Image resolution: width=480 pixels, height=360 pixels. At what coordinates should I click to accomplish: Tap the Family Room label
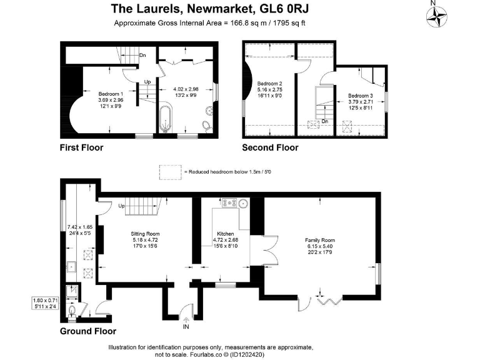pyautogui.click(x=320, y=240)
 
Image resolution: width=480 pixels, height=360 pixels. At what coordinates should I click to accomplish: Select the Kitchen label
pyautogui.click(x=225, y=232)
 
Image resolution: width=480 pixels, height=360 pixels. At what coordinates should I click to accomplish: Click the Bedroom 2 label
pyautogui.click(x=271, y=84)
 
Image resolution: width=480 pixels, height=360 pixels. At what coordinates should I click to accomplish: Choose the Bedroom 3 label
pyautogui.click(x=361, y=96)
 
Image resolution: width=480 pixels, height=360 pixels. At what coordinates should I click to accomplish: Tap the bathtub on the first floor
pyautogui.click(x=164, y=118)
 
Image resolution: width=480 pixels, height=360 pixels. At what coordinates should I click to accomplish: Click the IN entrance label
pyautogui.click(x=186, y=326)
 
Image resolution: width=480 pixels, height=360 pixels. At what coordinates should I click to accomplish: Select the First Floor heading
pyautogui.click(x=81, y=148)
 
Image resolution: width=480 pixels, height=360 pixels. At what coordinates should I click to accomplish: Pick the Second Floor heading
pyautogui.click(x=270, y=148)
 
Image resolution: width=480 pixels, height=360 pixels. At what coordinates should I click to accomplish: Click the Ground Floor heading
pyautogui.click(x=88, y=331)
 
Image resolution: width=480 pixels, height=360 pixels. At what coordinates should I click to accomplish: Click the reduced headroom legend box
pyautogui.click(x=169, y=171)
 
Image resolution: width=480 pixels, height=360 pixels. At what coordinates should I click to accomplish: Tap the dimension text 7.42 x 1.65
pyautogui.click(x=79, y=226)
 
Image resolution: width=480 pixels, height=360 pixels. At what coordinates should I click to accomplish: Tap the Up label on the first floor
pyautogui.click(x=147, y=82)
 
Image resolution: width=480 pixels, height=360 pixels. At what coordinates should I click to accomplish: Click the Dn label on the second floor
pyautogui.click(x=325, y=121)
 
